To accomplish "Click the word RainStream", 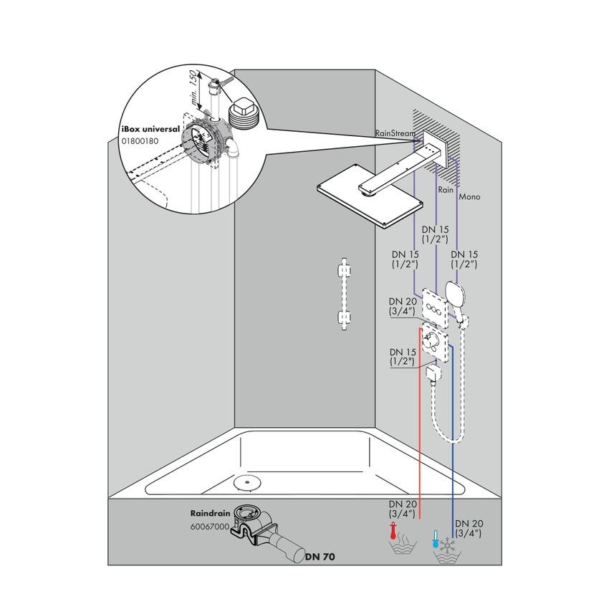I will click(394, 133).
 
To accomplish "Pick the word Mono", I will click(469, 196).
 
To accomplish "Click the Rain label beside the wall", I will click(446, 190).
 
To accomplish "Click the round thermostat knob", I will click(432, 340).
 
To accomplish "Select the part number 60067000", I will click(210, 526).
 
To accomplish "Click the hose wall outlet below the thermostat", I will click(431, 374).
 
